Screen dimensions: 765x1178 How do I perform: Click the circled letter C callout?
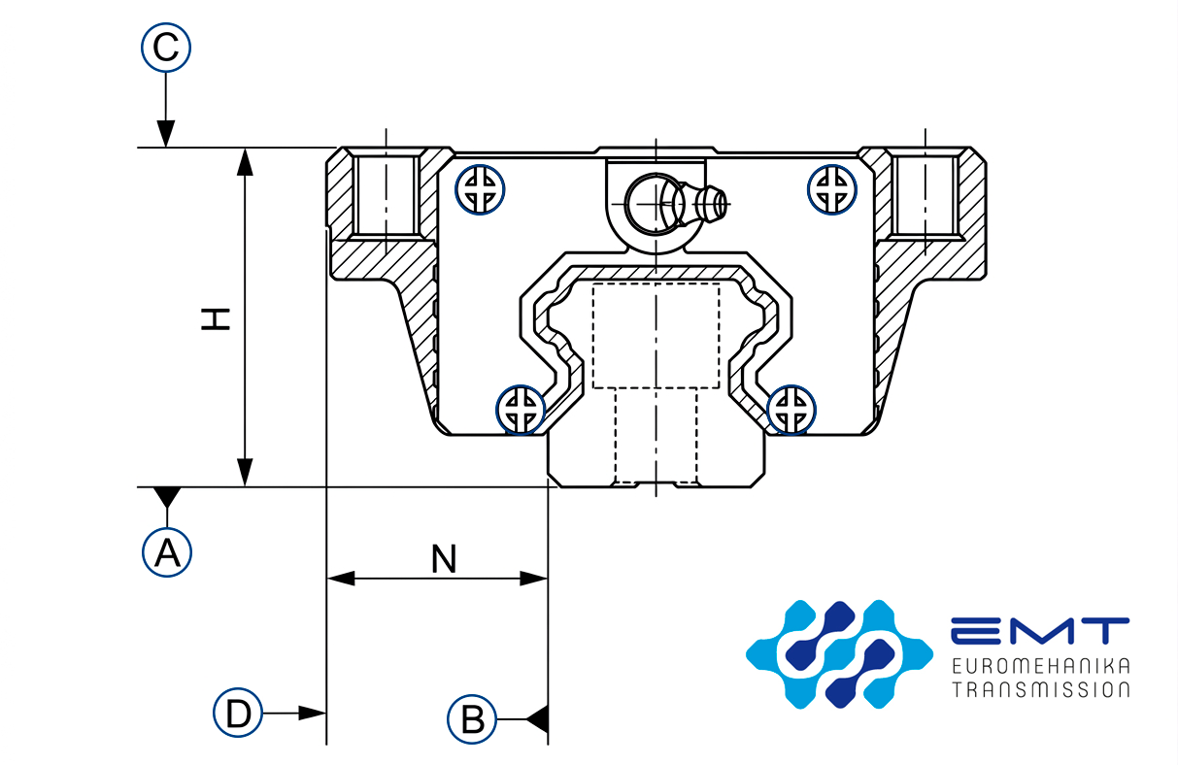(x=166, y=48)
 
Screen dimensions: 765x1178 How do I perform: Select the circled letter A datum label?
(x=167, y=552)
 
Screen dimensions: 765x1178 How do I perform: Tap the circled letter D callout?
(x=238, y=714)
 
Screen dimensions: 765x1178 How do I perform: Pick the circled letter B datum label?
(x=472, y=719)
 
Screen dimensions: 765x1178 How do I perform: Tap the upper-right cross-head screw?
(x=832, y=188)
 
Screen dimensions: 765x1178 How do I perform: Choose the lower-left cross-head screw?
(x=522, y=409)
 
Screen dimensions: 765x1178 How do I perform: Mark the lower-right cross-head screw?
(x=791, y=409)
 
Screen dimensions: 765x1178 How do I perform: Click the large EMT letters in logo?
(x=1039, y=632)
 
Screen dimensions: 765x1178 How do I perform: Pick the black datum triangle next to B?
(x=538, y=719)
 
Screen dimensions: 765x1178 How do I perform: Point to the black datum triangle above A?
(x=167, y=497)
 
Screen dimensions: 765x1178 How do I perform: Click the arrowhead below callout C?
(x=166, y=134)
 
